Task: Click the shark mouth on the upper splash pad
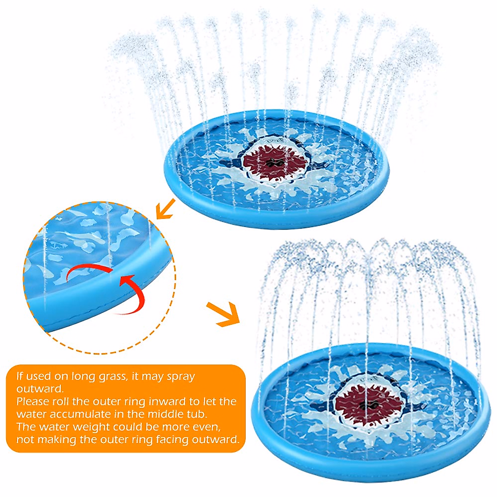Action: click(x=274, y=162)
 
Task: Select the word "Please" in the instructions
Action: click(x=33, y=401)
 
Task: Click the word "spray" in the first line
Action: click(x=181, y=377)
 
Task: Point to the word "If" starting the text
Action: click(x=19, y=376)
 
